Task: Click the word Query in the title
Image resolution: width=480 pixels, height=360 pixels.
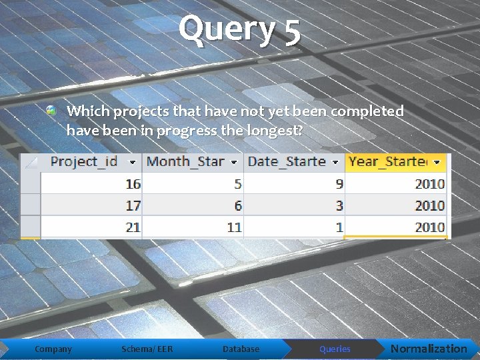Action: click(226, 30)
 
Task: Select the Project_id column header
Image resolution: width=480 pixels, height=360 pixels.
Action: click(84, 161)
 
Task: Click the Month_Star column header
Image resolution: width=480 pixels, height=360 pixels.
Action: click(185, 161)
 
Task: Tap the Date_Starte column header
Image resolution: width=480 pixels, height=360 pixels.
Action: click(286, 161)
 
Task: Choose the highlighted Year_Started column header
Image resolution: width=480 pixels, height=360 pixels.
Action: click(388, 161)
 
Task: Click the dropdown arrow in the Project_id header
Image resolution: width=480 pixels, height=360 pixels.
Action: click(133, 162)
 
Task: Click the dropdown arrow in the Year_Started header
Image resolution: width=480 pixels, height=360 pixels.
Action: click(437, 162)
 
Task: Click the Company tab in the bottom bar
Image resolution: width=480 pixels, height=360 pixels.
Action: click(53, 349)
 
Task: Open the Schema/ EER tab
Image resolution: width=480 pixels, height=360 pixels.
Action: click(147, 349)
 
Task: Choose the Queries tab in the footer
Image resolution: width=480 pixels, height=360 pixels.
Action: click(335, 349)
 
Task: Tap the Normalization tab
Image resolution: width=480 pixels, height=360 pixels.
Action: click(429, 349)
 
